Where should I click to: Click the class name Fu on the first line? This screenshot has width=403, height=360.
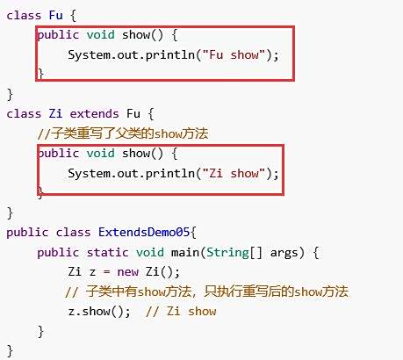point(55,15)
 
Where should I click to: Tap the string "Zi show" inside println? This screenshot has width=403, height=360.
point(234,173)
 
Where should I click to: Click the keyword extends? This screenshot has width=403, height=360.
point(94,113)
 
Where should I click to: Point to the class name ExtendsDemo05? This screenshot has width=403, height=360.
point(144,232)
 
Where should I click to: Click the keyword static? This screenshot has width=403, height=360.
point(107,252)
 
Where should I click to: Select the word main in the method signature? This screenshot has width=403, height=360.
point(185,252)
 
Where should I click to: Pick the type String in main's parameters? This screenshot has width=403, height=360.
point(227,253)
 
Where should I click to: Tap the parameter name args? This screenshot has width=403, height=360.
point(284,253)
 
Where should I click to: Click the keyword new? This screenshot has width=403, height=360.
point(127,272)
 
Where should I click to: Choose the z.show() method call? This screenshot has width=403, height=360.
point(99,312)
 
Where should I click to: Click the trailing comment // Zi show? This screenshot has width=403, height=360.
point(181,312)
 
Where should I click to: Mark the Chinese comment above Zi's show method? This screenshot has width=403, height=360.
point(123,133)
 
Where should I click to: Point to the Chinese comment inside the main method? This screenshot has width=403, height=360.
point(206,292)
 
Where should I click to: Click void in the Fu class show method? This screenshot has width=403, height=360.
point(100,35)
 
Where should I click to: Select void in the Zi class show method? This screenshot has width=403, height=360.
point(100,154)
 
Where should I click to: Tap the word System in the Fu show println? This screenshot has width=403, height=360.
point(90,55)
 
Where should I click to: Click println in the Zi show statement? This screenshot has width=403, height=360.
point(170,174)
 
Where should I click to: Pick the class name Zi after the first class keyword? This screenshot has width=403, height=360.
point(55,113)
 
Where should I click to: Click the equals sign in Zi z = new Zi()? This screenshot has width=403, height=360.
point(106,272)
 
